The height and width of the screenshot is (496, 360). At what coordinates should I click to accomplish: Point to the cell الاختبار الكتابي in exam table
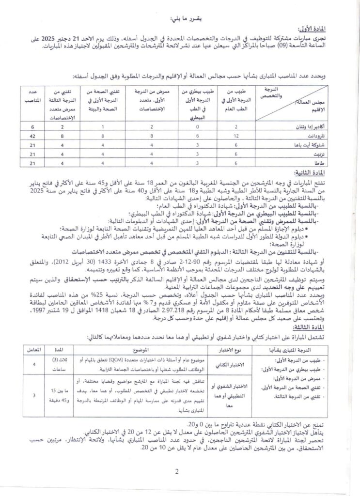(x=224, y=351)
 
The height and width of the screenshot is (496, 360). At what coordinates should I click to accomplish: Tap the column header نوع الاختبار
(x=224, y=335)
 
